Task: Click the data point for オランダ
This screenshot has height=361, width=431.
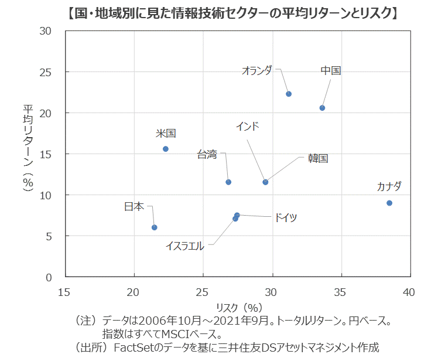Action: pyautogui.click(x=289, y=94)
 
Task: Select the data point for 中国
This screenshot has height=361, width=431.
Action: pyautogui.click(x=322, y=108)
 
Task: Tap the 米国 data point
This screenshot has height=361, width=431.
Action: pyautogui.click(x=166, y=149)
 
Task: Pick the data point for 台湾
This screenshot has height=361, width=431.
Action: pyautogui.click(x=228, y=182)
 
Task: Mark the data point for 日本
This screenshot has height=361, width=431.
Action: pyautogui.click(x=155, y=227)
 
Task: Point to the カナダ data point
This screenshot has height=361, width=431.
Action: pyautogui.click(x=389, y=203)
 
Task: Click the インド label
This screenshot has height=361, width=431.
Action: pyautogui.click(x=247, y=126)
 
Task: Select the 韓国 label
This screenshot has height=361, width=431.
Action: pyautogui.click(x=318, y=158)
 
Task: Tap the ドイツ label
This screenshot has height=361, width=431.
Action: pyautogui.click(x=285, y=218)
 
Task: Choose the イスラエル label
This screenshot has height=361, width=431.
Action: pyautogui.click(x=184, y=246)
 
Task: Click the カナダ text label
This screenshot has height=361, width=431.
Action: pyautogui.click(x=389, y=187)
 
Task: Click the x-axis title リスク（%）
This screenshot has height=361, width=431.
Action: pyautogui.click(x=237, y=307)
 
